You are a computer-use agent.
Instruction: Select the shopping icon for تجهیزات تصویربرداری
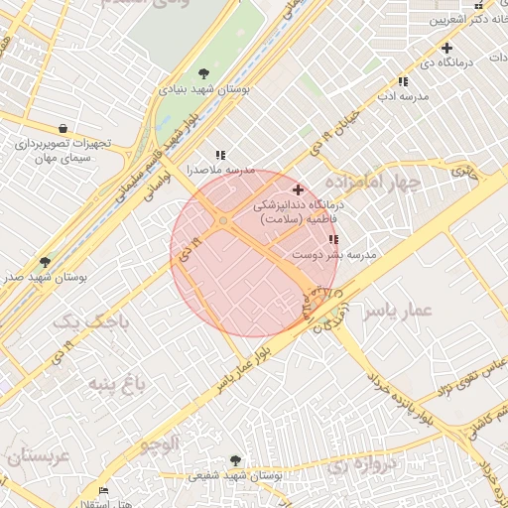click(x=63, y=128)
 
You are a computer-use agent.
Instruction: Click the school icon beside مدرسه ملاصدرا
click(x=220, y=155)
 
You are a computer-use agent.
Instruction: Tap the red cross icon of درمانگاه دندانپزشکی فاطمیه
click(x=299, y=189)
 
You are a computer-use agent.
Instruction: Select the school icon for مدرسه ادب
click(x=403, y=81)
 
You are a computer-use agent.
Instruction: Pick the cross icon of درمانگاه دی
click(x=447, y=48)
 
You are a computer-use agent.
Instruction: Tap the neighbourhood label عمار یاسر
click(x=398, y=311)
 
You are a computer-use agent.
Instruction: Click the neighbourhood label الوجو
click(x=158, y=444)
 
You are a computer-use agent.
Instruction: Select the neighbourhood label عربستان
click(x=37, y=457)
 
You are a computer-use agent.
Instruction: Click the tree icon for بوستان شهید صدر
click(x=45, y=262)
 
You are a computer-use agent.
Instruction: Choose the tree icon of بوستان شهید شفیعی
click(x=235, y=460)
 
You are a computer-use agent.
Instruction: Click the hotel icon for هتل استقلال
click(x=104, y=491)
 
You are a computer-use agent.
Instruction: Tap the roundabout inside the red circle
click(x=224, y=220)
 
